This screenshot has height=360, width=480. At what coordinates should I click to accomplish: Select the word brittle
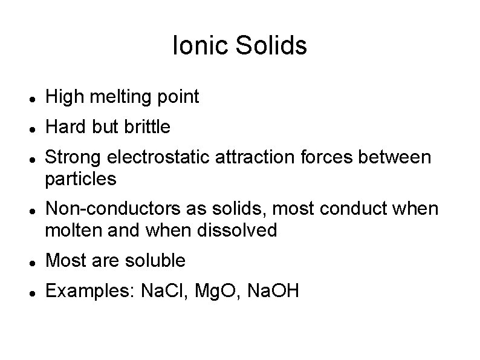[149, 127]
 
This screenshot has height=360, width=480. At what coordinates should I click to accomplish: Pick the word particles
[80, 180]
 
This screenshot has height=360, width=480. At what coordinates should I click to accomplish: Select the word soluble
[155, 261]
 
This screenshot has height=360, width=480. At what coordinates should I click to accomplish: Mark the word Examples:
[90, 292]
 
